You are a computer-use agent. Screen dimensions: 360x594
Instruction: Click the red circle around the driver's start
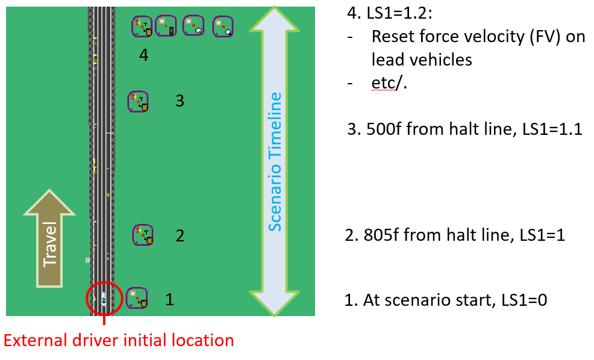tap(105, 299)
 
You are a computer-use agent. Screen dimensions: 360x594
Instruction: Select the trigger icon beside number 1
tap(137, 297)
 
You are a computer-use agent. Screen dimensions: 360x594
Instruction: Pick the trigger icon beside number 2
tap(143, 235)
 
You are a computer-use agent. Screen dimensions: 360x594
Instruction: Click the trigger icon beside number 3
tap(139, 101)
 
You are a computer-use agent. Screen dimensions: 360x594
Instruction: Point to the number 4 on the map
tap(143, 55)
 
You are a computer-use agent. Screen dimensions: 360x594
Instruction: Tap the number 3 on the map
tap(179, 101)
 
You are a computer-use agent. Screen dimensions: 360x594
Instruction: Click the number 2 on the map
tap(180, 235)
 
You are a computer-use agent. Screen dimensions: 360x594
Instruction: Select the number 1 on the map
tap(170, 299)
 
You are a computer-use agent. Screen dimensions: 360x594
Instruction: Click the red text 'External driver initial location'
tap(119, 341)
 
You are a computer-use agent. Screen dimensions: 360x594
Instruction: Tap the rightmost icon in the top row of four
tap(223, 26)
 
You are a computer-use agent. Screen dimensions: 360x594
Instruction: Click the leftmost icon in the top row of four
tap(142, 26)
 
